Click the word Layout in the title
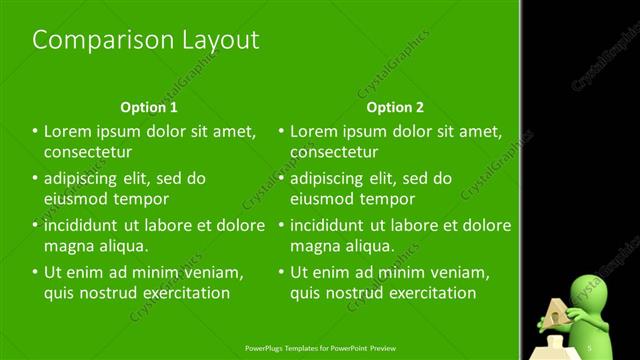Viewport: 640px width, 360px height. coord(215,40)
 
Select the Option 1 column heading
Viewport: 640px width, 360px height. coord(149,107)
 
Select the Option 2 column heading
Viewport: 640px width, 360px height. coord(395,107)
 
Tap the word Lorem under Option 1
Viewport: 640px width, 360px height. coord(69,131)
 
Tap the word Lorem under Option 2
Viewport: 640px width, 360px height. coord(315,131)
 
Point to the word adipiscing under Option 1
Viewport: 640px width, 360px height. coord(85,178)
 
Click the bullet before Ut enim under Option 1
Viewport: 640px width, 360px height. coord(34,271)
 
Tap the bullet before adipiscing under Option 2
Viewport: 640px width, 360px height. coord(280,178)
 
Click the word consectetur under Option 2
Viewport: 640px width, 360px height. coord(334,152)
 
